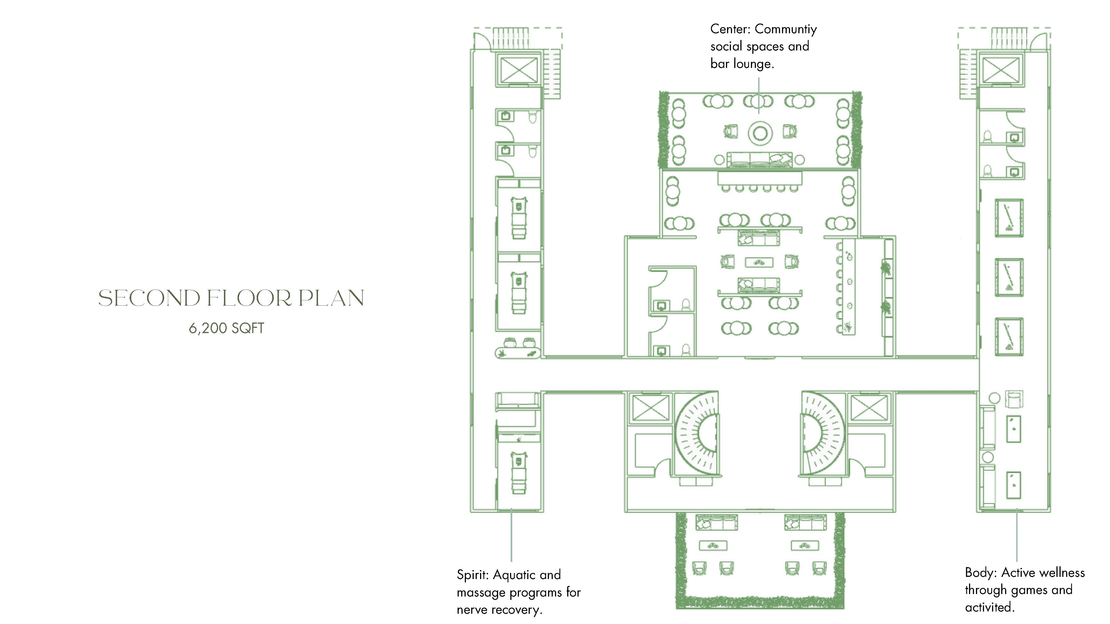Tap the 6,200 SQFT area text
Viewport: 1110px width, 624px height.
226,328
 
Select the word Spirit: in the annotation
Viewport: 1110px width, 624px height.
473,575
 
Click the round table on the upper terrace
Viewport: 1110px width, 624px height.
760,133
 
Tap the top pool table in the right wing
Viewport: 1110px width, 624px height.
1009,218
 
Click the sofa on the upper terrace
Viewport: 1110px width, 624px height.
760,159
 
